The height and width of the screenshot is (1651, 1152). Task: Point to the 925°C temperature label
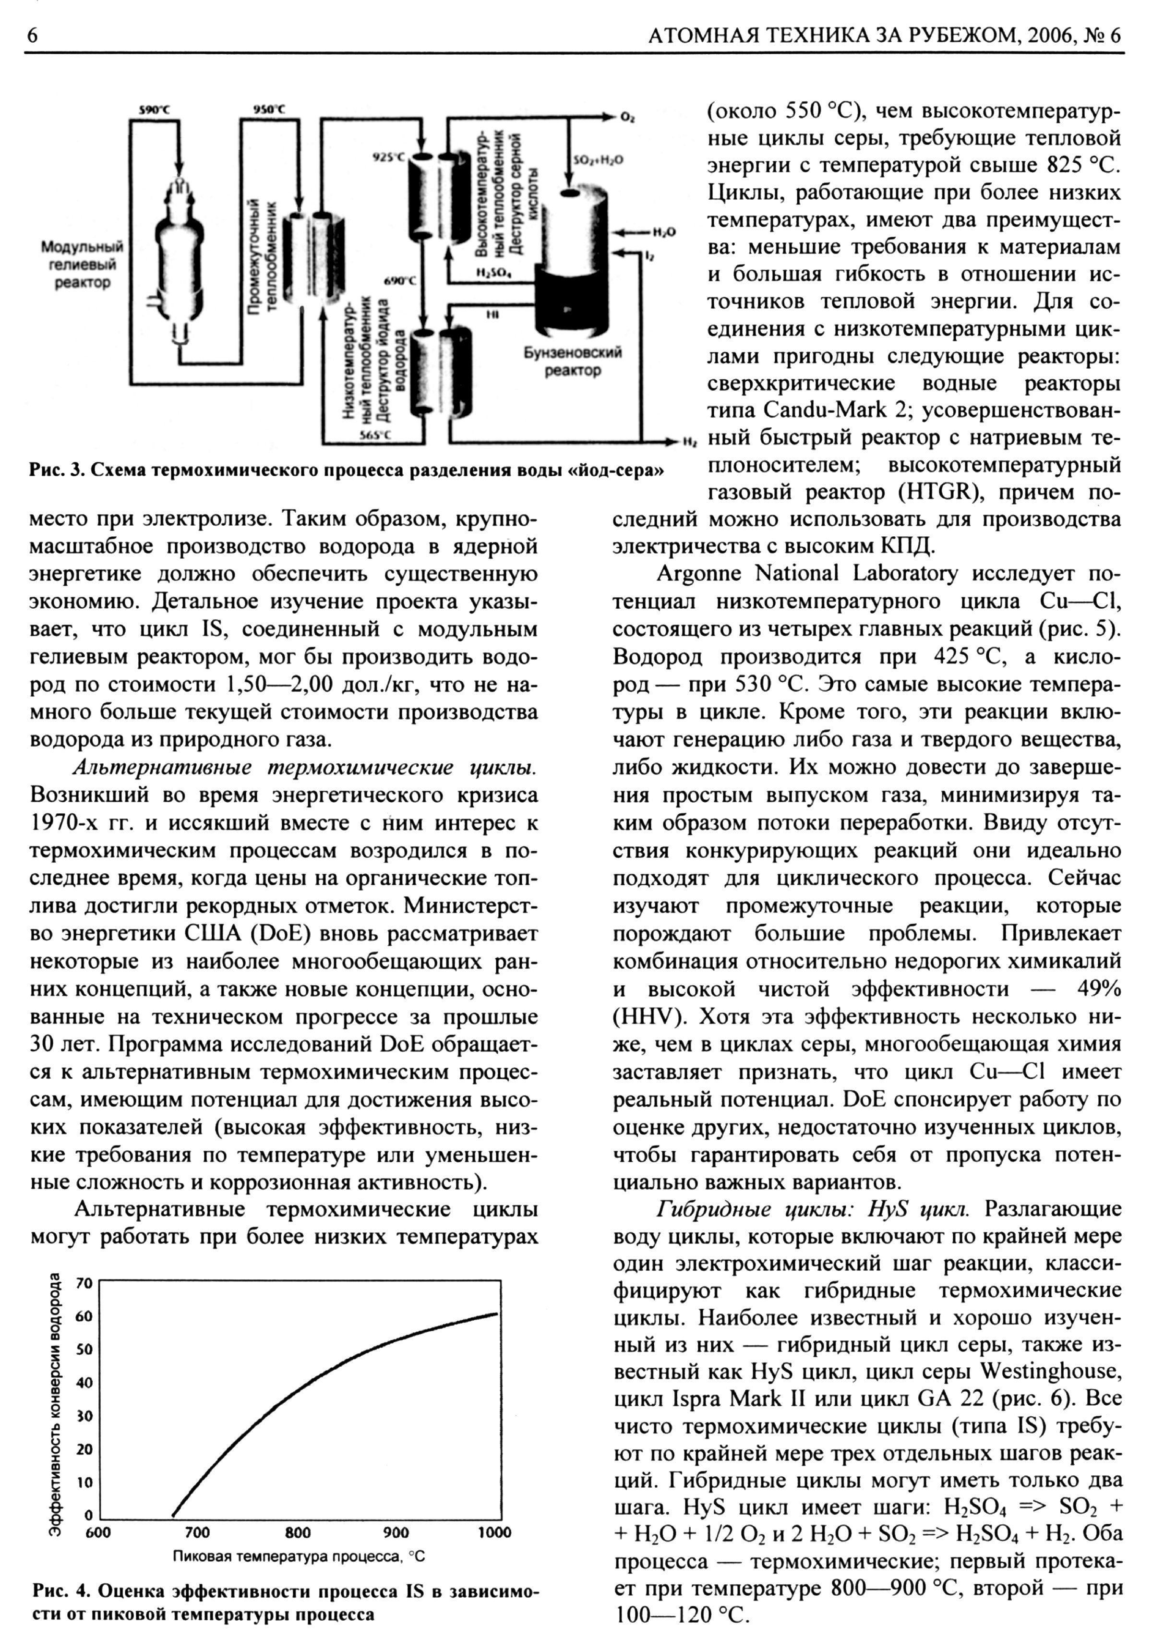pyautogui.click(x=388, y=156)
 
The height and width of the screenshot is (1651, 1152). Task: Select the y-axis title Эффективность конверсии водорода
pyautogui.click(x=54, y=1403)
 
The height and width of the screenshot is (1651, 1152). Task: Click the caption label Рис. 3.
pyautogui.click(x=53, y=471)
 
